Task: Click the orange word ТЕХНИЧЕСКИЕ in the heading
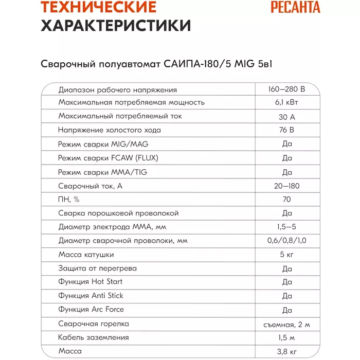[99, 7]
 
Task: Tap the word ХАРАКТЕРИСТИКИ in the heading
[115, 26]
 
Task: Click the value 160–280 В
[286, 89]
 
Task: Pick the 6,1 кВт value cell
[286, 102]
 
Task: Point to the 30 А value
[286, 116]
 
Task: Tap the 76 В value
[286, 130]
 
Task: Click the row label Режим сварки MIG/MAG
[103, 144]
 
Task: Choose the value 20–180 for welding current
[286, 186]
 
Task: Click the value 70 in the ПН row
[286, 200]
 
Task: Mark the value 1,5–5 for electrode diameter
[286, 227]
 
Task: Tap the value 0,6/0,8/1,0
[286, 241]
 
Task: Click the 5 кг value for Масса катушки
[286, 255]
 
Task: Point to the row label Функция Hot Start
[91, 282]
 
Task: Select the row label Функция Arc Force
[91, 310]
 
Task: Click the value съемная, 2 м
[286, 324]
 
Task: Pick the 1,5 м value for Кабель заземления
[286, 338]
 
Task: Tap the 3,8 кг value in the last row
[286, 352]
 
